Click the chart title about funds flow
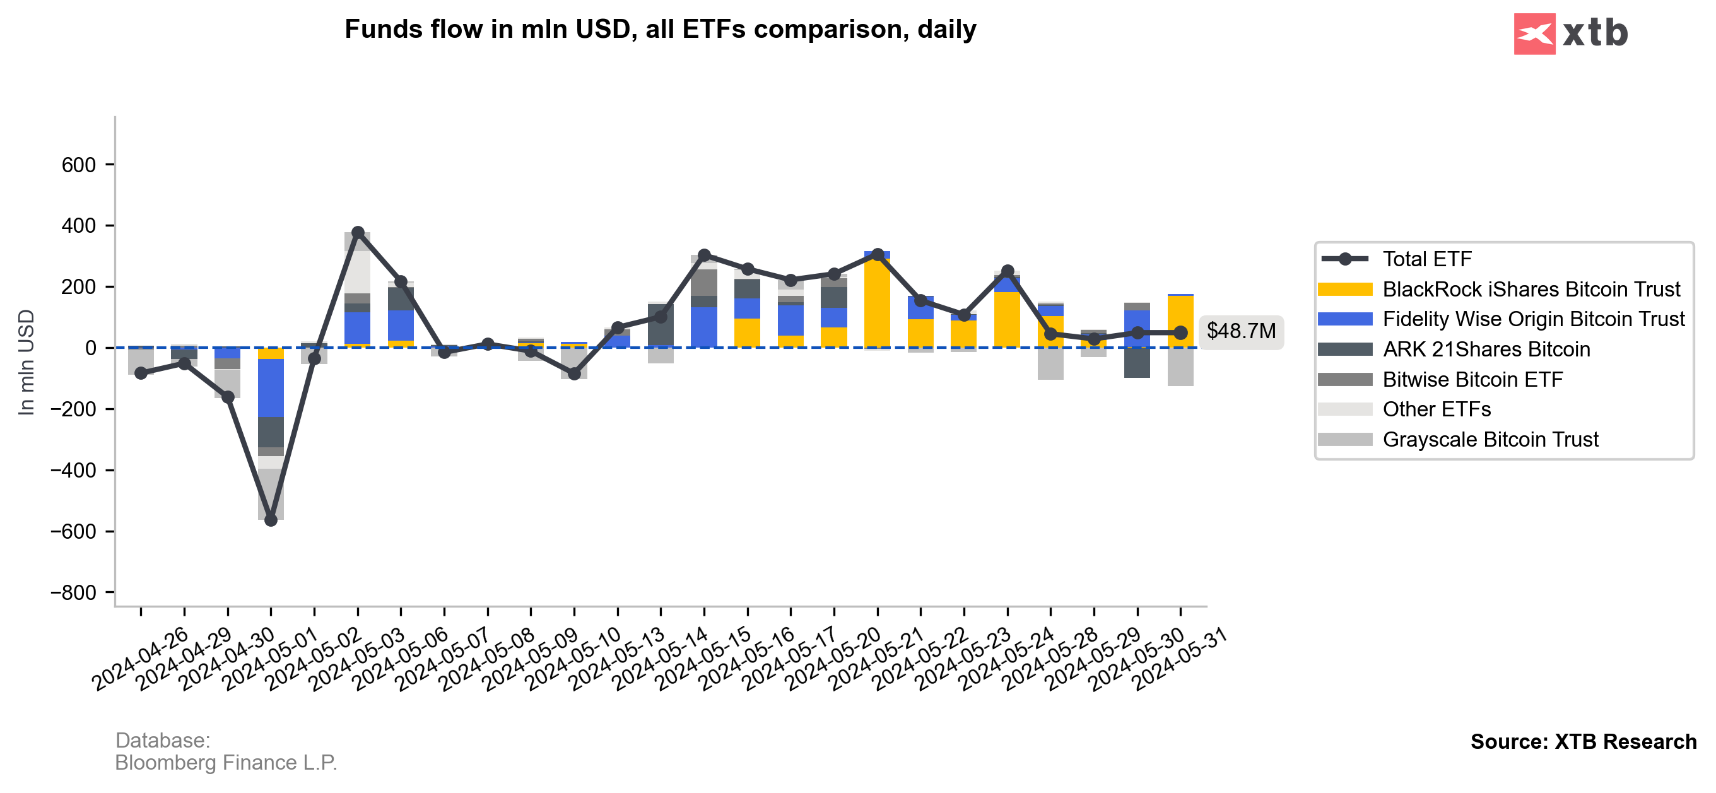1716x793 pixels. coord(660,29)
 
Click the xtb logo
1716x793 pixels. coord(1570,33)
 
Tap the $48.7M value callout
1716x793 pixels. coord(1241,331)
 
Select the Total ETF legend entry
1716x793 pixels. coord(1426,259)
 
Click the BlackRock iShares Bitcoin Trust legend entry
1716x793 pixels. coord(1530,289)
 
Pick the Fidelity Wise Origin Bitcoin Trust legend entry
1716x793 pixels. coord(1533,319)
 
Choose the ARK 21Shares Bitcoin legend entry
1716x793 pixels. coord(1486,350)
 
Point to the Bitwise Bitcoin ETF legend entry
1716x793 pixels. coord(1472,379)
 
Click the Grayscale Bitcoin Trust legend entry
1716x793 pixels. coord(1490,440)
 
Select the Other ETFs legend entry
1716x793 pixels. coord(1437,409)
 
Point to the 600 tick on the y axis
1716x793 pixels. coord(79,165)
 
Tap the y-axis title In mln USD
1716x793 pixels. coord(26,363)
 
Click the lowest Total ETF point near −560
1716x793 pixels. coord(271,520)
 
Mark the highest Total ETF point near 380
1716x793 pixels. coord(358,233)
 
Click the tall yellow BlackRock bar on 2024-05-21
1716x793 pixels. coord(877,303)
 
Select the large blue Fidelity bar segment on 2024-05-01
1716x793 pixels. coord(271,388)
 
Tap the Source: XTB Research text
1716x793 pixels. coord(1583,742)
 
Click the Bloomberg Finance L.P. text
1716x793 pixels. coord(226,762)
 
